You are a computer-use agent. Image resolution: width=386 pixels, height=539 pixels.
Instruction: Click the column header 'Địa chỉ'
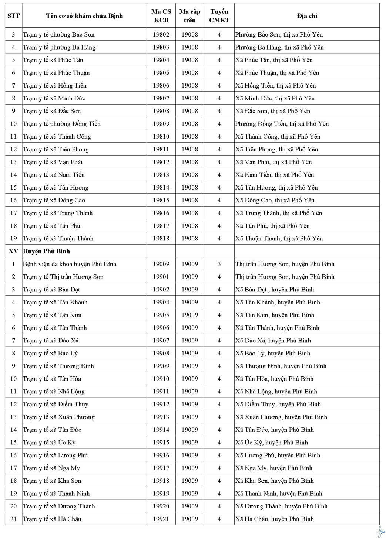coord(307,16)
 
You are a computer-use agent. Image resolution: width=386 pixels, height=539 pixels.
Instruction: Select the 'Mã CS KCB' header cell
coord(161,16)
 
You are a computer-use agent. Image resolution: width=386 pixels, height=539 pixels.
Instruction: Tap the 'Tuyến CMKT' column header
coord(219,16)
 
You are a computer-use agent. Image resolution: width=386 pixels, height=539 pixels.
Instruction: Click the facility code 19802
coord(161,35)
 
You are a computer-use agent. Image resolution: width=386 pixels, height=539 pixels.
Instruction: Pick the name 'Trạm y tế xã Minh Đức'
coord(54,98)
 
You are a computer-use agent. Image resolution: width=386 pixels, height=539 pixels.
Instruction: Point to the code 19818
coord(161,239)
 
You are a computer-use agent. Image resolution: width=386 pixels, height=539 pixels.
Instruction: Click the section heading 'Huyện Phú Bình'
coord(46,251)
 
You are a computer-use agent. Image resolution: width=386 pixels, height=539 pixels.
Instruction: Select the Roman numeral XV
coord(13,251)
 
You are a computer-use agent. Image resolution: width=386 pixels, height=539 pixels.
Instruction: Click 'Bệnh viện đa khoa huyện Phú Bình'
coord(70,264)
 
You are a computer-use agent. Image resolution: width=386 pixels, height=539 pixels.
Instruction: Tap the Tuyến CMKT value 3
coord(219,264)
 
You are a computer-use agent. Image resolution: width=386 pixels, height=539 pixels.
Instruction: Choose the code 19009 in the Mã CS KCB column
coord(161,264)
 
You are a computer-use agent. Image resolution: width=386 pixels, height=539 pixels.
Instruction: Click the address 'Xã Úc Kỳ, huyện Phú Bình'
coord(271,443)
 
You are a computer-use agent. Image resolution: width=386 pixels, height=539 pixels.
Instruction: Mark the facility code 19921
coord(161,519)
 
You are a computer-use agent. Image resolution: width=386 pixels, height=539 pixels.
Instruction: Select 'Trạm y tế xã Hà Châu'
coord(52,519)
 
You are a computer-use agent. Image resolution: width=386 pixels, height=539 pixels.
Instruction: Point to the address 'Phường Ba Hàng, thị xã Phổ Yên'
coord(279,47)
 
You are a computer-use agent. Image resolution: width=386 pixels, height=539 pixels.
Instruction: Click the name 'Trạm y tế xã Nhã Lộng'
coord(54,392)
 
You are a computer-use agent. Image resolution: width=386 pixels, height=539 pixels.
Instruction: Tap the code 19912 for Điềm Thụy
coord(161,404)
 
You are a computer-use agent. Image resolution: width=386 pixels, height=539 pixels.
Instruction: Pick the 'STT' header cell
coord(13,16)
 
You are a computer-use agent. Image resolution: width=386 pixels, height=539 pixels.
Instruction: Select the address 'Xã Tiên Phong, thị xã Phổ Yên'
coord(276,149)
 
